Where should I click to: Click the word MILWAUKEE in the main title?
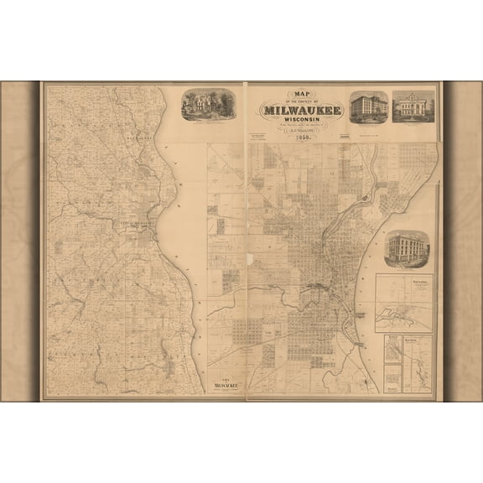point(302,109)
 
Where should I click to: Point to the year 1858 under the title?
point(301,138)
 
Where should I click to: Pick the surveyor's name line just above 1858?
point(301,130)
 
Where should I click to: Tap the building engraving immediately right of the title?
point(368,107)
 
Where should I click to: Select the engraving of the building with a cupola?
point(413,106)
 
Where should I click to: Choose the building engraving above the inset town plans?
point(407,249)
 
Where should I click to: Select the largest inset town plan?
point(404,304)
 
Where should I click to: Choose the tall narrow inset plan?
point(417,364)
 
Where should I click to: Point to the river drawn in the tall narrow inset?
point(417,369)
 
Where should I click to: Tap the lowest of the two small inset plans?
point(392,378)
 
